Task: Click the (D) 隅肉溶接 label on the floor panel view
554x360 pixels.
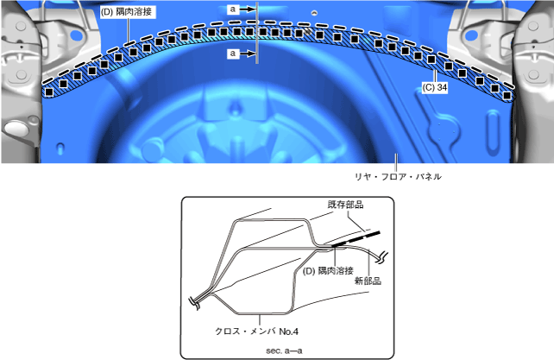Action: [x=126, y=12]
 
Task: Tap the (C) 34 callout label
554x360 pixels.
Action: [x=435, y=87]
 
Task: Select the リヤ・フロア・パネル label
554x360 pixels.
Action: [x=398, y=176]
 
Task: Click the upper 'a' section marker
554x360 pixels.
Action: [x=232, y=9]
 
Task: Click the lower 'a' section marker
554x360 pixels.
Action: [x=232, y=54]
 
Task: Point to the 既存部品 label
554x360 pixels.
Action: [x=345, y=205]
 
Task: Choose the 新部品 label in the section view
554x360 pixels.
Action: [x=368, y=281]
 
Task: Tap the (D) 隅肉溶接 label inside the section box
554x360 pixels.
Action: [x=328, y=271]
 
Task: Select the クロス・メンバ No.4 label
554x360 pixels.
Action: [x=257, y=332]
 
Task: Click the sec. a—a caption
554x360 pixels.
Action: [x=284, y=351]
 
